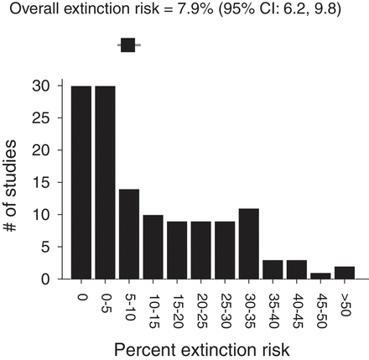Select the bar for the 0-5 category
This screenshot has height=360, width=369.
(x=105, y=182)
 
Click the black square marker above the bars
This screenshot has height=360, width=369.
(x=128, y=45)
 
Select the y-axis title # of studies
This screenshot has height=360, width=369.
(x=15, y=182)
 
